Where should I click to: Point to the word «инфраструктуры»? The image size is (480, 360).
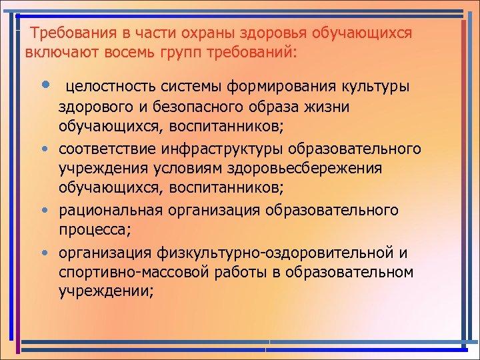pyautogui.click(x=223, y=147)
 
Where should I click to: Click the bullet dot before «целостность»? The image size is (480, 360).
pyautogui.click(x=44, y=85)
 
